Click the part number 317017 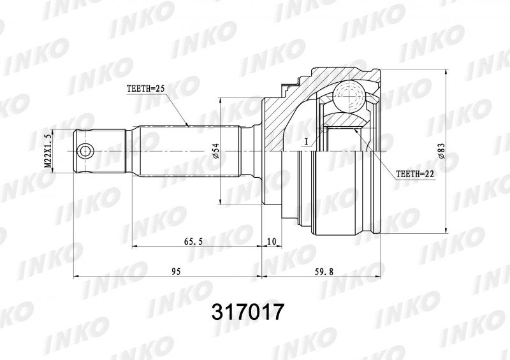[x=248, y=312]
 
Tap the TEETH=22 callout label [x=415, y=175]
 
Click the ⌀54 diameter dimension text [x=215, y=151]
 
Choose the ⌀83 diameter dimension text [x=442, y=151]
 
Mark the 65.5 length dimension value [x=193, y=241]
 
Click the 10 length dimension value [x=272, y=241]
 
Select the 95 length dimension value [x=176, y=271]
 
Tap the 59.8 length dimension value [x=324, y=271]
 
